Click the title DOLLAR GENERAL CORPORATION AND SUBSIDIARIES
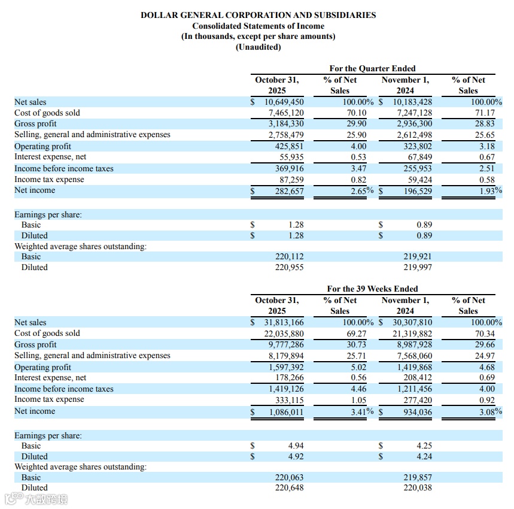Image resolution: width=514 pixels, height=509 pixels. [x=258, y=15]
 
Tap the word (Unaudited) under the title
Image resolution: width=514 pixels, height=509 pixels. [x=258, y=47]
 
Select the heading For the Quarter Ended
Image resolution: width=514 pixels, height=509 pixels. [x=372, y=68]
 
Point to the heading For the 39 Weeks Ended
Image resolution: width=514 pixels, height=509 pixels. [x=372, y=289]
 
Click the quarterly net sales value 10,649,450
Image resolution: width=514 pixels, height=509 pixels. [x=284, y=102]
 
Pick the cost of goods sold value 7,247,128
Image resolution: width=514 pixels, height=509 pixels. [x=412, y=113]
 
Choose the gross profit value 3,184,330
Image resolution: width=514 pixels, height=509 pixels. [x=286, y=124]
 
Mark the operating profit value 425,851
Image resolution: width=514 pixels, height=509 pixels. [x=288, y=147]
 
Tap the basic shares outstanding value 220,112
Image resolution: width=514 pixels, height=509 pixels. [x=289, y=257]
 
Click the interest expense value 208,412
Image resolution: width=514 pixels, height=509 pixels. [x=416, y=378]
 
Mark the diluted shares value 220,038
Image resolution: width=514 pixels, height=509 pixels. [x=417, y=488]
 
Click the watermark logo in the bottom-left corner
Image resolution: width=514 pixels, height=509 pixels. [x=35, y=499]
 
